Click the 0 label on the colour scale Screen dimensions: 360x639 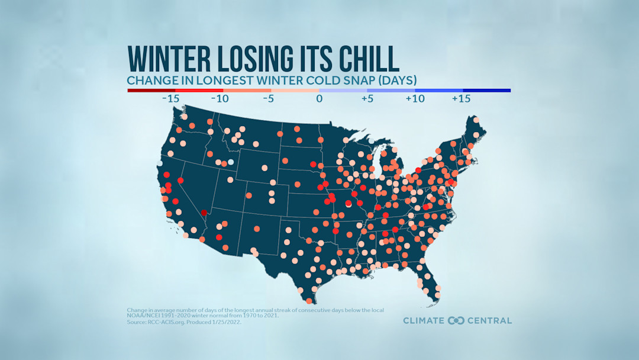tap(319, 99)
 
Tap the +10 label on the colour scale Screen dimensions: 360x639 tap(415, 99)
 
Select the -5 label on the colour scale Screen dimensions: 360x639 tap(267, 99)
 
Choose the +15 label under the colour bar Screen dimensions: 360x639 tap(461, 99)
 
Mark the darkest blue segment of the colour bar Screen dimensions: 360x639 tap(486, 91)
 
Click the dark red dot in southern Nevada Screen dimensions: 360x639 tap(204, 213)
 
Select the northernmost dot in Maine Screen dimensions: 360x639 tap(476, 120)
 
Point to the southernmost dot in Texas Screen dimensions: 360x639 tap(309, 301)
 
